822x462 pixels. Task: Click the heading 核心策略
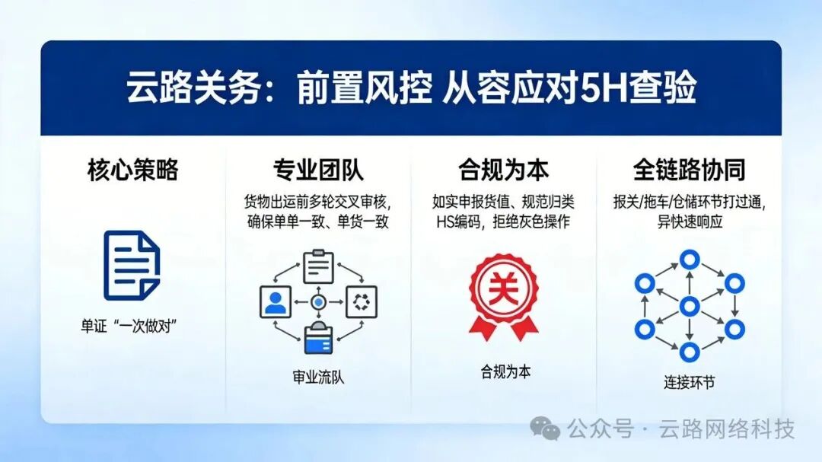[x=132, y=170]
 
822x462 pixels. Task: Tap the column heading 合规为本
[x=503, y=170]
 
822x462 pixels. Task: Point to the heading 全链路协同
[x=689, y=170]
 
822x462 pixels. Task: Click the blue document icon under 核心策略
[x=132, y=265]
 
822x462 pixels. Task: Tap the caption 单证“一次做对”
[x=134, y=325]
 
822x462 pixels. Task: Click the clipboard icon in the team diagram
[x=318, y=266]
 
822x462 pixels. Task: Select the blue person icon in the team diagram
[x=275, y=302]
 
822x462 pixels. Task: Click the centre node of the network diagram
[x=690, y=307]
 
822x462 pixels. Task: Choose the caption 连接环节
[x=689, y=382]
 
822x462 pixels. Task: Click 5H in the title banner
[x=601, y=89]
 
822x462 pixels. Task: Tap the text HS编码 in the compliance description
[x=456, y=221]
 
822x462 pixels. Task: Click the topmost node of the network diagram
[x=690, y=260]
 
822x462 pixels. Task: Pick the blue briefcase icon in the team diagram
[x=318, y=339]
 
